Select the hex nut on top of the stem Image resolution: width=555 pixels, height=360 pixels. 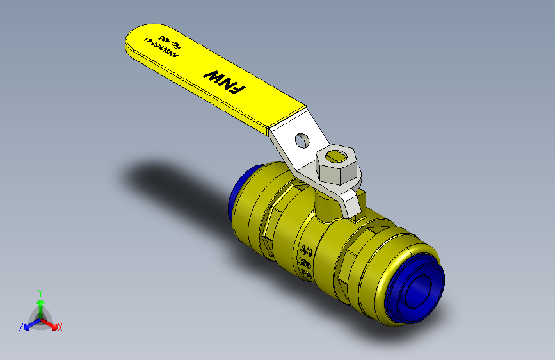(x=338, y=166)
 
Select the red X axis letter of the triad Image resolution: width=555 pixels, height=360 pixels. (x=60, y=327)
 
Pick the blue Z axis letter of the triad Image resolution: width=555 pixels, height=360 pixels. (x=20, y=327)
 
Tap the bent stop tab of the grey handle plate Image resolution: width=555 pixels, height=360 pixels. (x=351, y=205)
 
